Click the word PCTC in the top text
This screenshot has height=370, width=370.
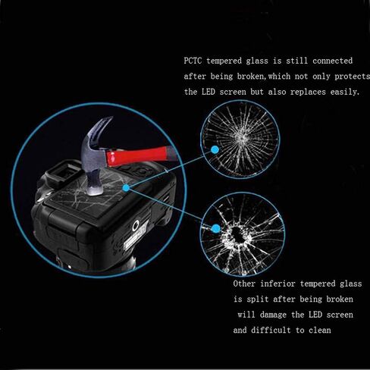193,61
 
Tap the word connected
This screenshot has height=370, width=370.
332,61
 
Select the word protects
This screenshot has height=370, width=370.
352,77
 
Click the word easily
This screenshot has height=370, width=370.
345,92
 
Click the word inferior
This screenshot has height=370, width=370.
277,284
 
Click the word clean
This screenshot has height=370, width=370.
320,330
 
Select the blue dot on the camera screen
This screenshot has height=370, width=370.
126,187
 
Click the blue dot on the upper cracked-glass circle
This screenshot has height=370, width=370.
215,149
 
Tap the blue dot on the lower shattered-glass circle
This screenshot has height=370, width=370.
215,229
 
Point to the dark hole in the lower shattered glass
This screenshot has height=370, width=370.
237,234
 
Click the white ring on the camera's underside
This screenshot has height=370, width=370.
136,226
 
